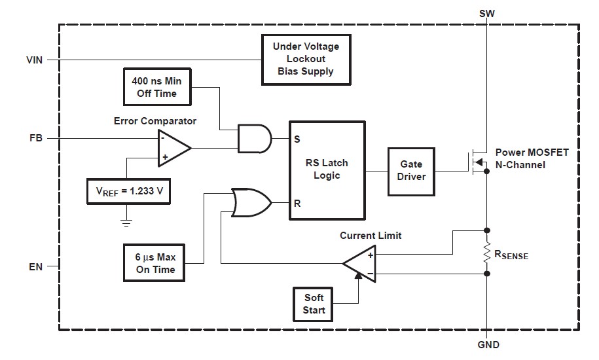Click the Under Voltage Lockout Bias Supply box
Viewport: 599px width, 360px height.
(306, 60)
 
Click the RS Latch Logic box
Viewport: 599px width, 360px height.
(327, 169)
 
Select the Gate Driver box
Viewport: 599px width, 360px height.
(411, 170)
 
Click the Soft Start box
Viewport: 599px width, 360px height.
(314, 304)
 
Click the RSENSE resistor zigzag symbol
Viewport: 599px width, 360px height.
(487, 252)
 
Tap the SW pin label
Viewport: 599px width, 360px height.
(487, 13)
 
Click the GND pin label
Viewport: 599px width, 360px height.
(488, 346)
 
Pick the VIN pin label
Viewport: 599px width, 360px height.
(34, 60)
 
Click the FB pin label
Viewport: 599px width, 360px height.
(37, 139)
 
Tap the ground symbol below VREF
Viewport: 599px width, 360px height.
(126, 223)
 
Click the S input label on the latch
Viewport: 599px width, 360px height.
(297, 139)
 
